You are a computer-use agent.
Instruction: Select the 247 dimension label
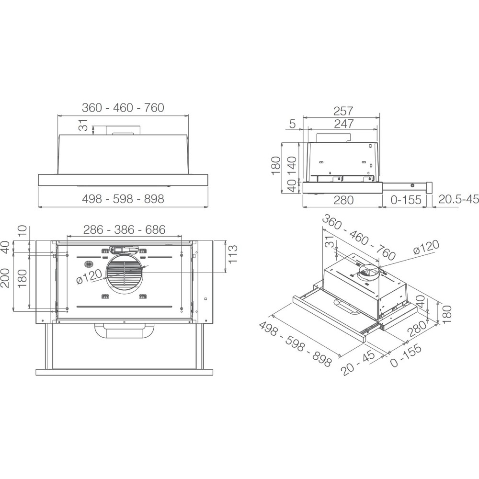tap(343, 124)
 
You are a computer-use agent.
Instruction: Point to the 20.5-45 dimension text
tap(459, 199)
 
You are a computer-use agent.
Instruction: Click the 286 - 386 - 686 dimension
tap(124, 230)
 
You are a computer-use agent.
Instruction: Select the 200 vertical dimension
tap(5, 277)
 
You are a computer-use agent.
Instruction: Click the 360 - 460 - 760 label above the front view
tap(123, 108)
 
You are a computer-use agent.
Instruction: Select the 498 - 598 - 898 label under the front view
tap(123, 199)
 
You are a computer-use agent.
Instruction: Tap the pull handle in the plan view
tap(125, 331)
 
